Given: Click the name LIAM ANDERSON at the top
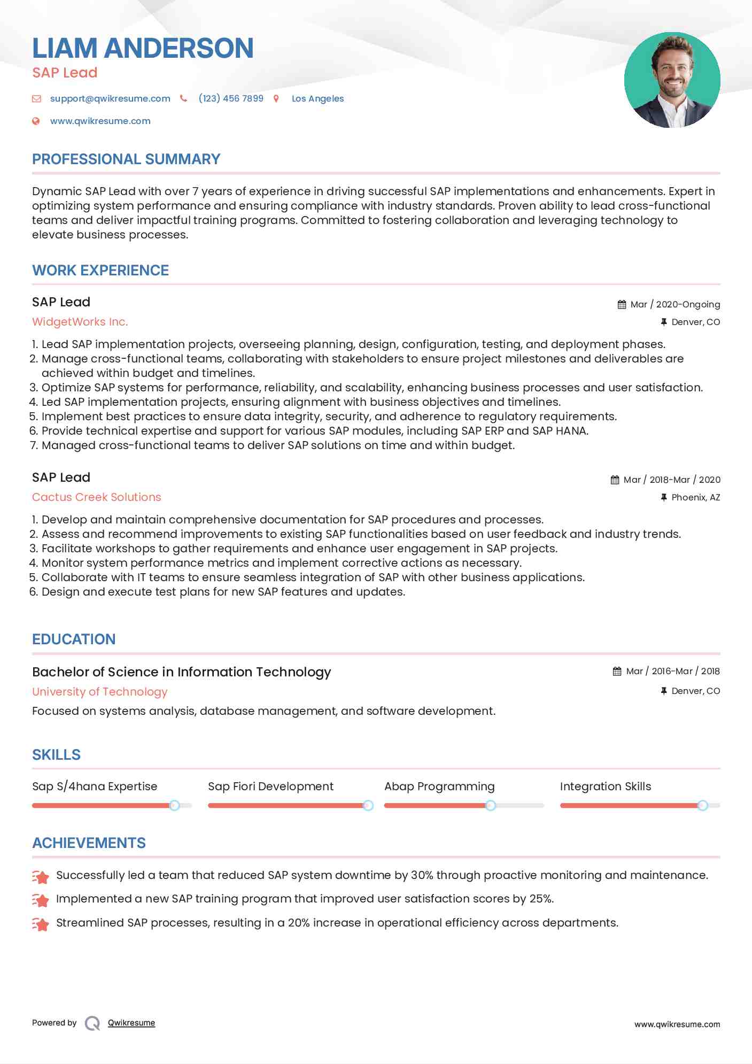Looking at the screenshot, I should (x=143, y=48).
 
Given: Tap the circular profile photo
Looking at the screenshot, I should (x=672, y=80).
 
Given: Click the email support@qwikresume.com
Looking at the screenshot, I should (x=110, y=98).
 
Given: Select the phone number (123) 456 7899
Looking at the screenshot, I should (x=231, y=98).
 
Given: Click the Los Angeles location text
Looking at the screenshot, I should (x=317, y=98).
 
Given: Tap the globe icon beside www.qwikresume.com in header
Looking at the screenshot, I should (x=36, y=121).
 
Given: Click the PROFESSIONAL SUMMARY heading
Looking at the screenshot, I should (x=126, y=159).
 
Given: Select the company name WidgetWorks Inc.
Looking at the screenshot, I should (x=80, y=322).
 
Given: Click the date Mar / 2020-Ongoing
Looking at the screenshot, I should (x=675, y=304).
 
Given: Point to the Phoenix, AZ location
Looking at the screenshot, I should (x=695, y=497).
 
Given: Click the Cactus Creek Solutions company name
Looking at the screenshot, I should (x=96, y=497).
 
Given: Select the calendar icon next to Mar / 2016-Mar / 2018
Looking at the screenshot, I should (x=617, y=671).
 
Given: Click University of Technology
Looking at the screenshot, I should (x=99, y=692).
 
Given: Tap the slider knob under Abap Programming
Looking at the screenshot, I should (x=490, y=805).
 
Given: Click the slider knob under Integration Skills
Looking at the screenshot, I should (x=703, y=805).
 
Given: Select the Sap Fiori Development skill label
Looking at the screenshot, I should (x=270, y=787).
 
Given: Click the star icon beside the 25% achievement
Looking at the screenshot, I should (x=40, y=900).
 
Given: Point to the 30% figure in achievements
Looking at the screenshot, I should (x=422, y=875).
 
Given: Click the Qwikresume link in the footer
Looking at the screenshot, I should (x=131, y=1023).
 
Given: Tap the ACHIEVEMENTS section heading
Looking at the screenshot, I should (x=89, y=843).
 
